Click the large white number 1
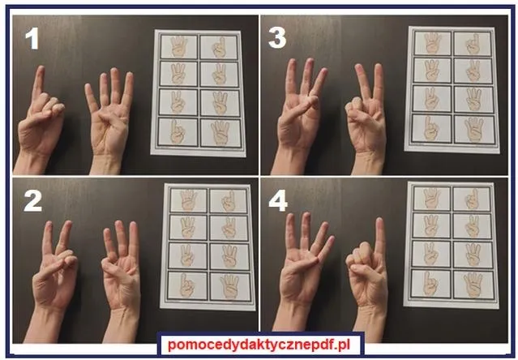coord(32,39)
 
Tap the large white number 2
coord(33,201)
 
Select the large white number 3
coord(277,37)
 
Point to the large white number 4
coord(278,201)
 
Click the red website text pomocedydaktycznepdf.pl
coord(259,345)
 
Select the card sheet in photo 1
coord(199,92)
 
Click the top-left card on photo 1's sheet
coord(178,46)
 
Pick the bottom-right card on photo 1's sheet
coord(220,133)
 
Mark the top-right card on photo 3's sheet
coord(473,44)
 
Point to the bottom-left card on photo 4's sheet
coord(430,283)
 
